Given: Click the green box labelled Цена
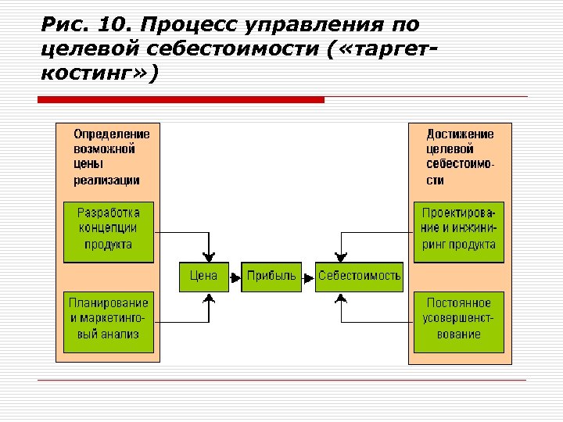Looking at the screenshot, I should tap(203, 276).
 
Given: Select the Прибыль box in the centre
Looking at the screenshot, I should tap(271, 276).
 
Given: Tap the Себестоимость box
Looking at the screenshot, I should tap(359, 276).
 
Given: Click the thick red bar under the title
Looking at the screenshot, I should tap(181, 100).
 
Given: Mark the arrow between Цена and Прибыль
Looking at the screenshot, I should tap(235, 276).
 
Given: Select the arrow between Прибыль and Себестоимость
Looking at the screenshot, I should tap(309, 276).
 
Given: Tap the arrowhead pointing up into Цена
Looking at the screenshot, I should tap(208, 297).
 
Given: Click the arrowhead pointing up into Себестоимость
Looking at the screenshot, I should tap(339, 297).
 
